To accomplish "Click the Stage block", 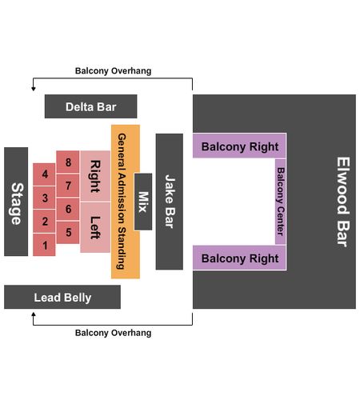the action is pyautogui.click(x=16, y=202).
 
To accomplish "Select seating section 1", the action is pyautogui.click(x=44, y=245).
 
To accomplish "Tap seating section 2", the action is pyautogui.click(x=44, y=221).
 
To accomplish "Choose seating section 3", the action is pyautogui.click(x=44, y=198).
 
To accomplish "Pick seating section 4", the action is pyautogui.click(x=44, y=174).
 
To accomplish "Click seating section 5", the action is pyautogui.click(x=68, y=232).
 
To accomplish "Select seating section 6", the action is pyautogui.click(x=68, y=209).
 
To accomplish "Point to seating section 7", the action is pyautogui.click(x=68, y=186).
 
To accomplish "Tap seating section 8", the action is pyautogui.click(x=68, y=162).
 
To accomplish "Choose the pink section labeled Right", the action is pyautogui.click(x=95, y=176).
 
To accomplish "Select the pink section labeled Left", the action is pyautogui.click(x=95, y=227).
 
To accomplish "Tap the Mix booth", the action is pyautogui.click(x=143, y=202).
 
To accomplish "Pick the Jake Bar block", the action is pyautogui.click(x=170, y=202).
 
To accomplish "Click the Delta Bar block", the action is pyautogui.click(x=91, y=106).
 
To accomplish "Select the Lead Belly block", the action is pyautogui.click(x=62, y=297).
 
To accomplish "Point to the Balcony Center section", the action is pyautogui.click(x=281, y=202).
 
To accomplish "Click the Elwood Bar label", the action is pyautogui.click(x=342, y=202).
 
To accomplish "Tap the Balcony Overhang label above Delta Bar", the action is pyautogui.click(x=113, y=70).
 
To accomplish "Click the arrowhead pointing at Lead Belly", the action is pyautogui.click(x=34, y=314).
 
